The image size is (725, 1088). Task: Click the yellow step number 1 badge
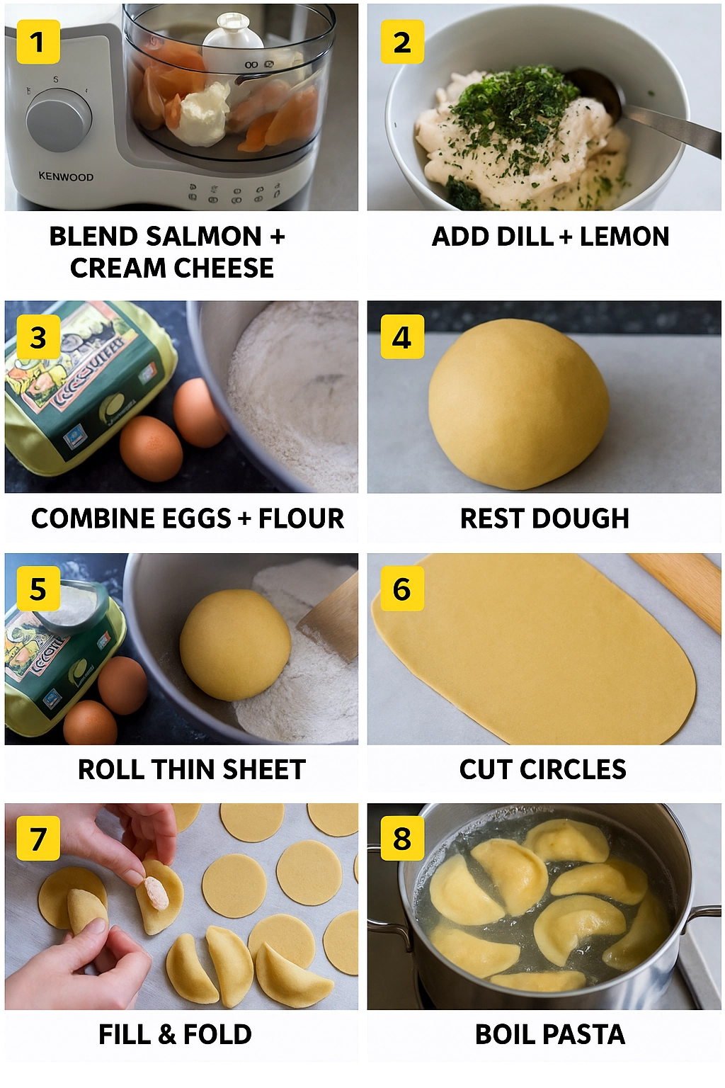click(x=38, y=42)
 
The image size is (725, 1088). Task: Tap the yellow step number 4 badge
click(x=401, y=336)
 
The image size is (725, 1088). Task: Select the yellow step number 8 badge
click(x=401, y=839)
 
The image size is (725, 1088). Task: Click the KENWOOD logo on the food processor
click(x=66, y=176)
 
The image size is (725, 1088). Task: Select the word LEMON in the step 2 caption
click(x=624, y=236)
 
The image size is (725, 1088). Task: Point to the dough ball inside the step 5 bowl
click(x=235, y=644)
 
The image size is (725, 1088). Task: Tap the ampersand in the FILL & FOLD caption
click(x=167, y=1034)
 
